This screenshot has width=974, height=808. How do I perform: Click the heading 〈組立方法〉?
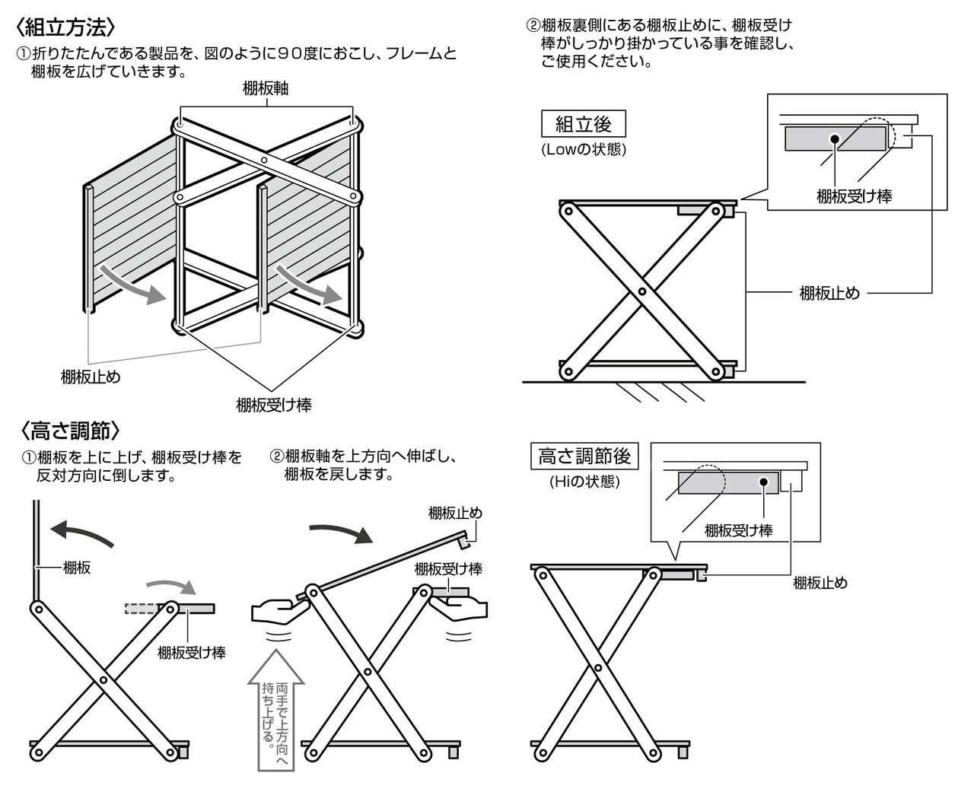pos(67,28)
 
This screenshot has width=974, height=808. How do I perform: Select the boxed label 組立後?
pos(583,123)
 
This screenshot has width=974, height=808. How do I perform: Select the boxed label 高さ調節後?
pos(584,456)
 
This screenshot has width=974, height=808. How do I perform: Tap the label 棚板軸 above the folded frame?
pos(266,88)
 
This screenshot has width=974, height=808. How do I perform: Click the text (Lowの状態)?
pos(584,149)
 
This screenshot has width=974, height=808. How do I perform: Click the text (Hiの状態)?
pos(584,482)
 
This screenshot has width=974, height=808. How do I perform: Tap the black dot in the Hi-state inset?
pos(763,482)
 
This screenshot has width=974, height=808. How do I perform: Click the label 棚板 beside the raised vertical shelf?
pos(77,566)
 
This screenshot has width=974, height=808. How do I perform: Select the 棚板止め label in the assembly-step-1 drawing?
pos(91,377)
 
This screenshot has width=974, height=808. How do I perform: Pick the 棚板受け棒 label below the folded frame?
pos(274,405)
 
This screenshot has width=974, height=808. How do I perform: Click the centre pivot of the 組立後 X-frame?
pos(642,291)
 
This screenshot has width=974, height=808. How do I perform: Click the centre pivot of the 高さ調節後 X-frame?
pos(598,667)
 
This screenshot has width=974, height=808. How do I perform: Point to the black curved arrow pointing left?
pos(80,533)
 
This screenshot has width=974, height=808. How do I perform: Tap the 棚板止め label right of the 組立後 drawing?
pos(829,293)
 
